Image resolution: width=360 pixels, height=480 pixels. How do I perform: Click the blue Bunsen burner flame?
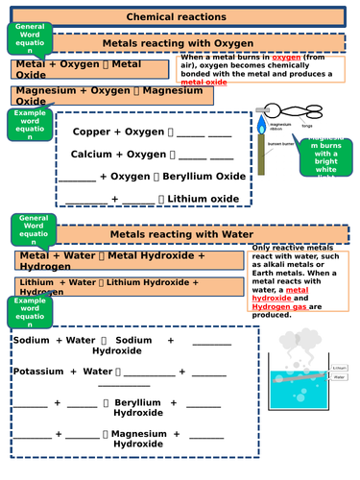260,125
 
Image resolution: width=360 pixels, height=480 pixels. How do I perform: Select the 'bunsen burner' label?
280,143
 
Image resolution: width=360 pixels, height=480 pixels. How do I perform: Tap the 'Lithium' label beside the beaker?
339,368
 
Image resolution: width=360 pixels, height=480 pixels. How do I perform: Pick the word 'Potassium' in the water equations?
42,371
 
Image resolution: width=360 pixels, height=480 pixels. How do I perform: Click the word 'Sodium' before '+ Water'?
31,341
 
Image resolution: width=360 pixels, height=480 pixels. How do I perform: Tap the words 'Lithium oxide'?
204,199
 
